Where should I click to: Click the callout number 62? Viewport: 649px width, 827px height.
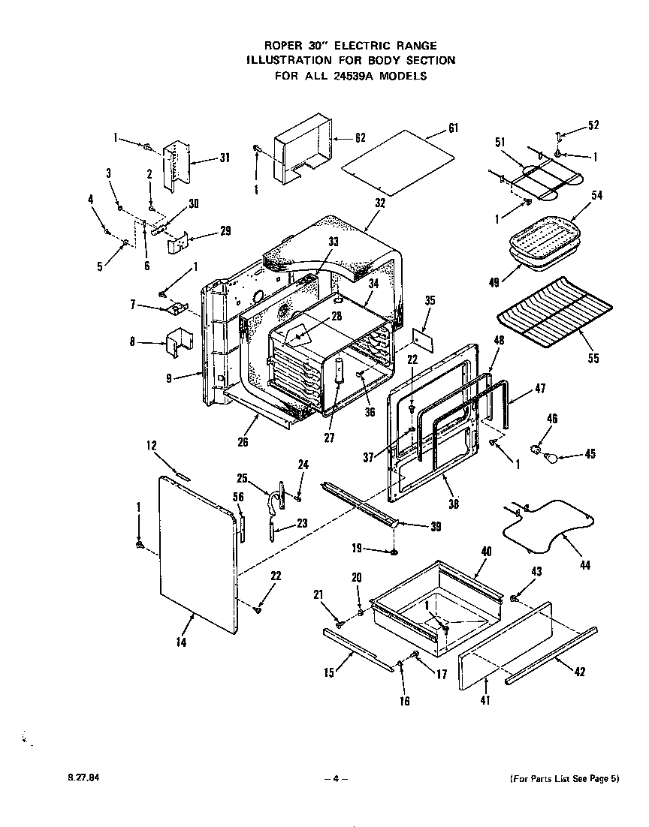(360, 137)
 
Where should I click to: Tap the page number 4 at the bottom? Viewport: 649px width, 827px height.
(335, 779)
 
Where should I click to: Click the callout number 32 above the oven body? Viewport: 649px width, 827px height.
(379, 203)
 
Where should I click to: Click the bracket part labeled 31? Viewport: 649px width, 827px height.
(177, 161)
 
